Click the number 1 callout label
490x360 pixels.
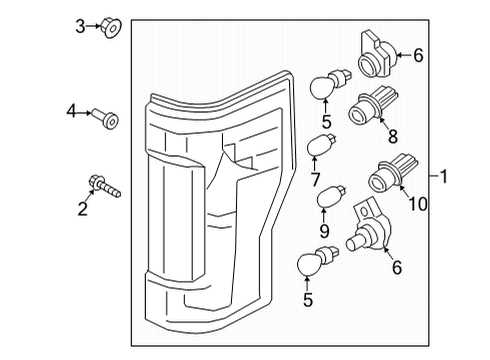(x=446, y=177)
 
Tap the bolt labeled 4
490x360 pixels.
(x=108, y=121)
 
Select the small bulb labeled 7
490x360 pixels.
(x=319, y=147)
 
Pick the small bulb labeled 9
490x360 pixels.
(x=328, y=196)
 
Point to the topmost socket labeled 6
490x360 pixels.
(x=373, y=55)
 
